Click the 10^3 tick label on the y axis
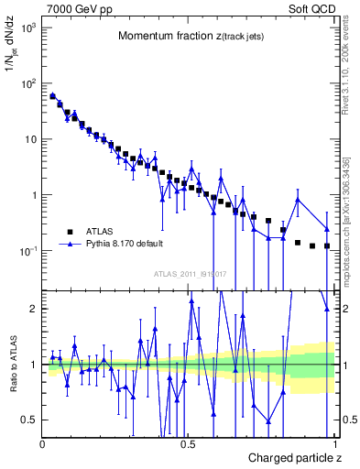tap(27, 28)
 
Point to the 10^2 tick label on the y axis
tap(27, 84)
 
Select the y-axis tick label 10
tap(30, 140)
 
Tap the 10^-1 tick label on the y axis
tap(27, 251)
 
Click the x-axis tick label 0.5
tap(189, 444)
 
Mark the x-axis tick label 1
tap(334, 444)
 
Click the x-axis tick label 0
tap(43, 444)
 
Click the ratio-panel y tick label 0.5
tap(29, 420)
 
